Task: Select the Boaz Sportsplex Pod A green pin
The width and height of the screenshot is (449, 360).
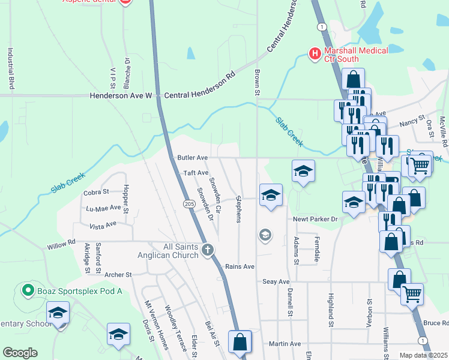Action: [x=27, y=291]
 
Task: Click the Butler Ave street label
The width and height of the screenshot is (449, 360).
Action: [x=192, y=157]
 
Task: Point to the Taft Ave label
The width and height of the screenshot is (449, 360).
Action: [x=196, y=173]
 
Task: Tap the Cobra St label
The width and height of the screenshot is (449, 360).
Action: [x=96, y=192]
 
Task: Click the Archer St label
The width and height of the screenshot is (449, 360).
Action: [x=118, y=275]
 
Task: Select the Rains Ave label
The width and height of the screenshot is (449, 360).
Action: [x=240, y=266]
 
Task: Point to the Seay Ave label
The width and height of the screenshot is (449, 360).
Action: [x=276, y=281]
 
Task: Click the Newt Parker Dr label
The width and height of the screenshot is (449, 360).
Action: [x=316, y=219]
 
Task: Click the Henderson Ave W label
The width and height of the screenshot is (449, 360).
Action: [x=121, y=95]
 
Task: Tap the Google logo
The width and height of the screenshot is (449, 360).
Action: [x=20, y=353]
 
